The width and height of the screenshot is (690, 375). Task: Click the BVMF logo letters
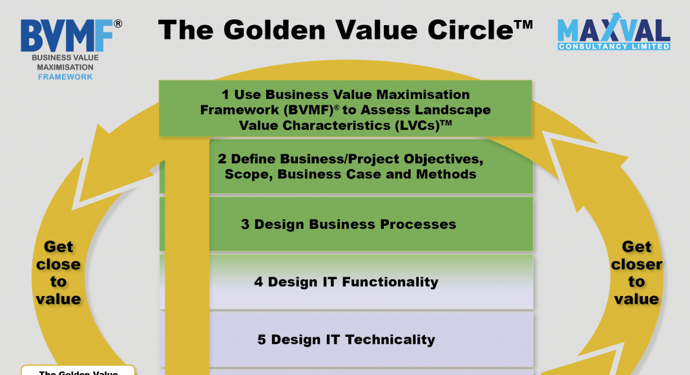click(67, 36)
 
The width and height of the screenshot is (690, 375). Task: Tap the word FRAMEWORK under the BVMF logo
click(65, 77)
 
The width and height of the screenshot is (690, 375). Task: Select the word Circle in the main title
click(470, 30)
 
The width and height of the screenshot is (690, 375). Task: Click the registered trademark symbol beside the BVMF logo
click(118, 24)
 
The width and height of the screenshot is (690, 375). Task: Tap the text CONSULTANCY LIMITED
click(614, 46)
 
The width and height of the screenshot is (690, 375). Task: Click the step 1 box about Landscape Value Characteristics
click(346, 108)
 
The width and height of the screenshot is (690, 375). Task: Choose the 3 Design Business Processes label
click(348, 224)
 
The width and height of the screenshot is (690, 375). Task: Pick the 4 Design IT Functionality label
click(346, 282)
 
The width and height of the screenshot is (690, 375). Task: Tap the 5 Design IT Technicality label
click(346, 339)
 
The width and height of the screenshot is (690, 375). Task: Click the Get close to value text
click(58, 272)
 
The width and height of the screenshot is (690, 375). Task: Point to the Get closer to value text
click(636, 272)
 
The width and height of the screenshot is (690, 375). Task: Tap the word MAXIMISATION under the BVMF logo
click(65, 67)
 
